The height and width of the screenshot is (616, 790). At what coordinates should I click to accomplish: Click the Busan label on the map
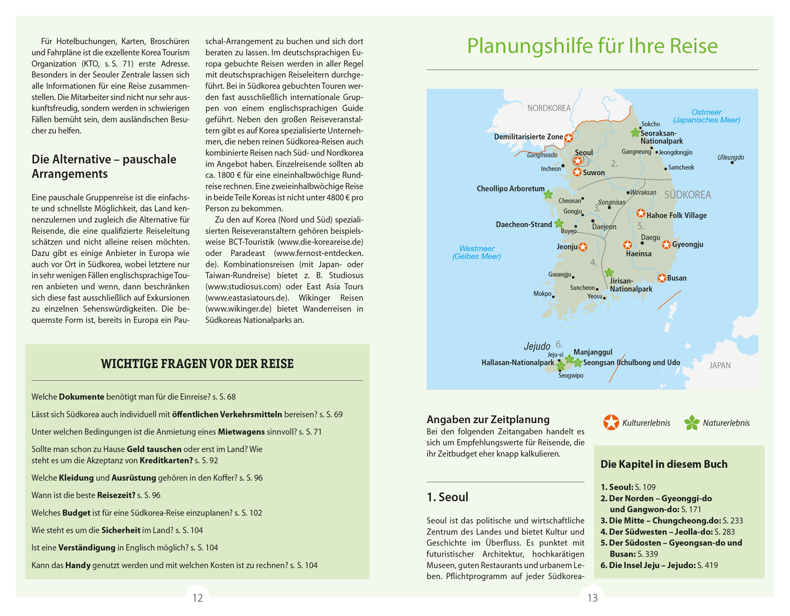click(x=677, y=278)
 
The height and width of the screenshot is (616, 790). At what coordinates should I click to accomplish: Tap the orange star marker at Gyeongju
click(x=666, y=245)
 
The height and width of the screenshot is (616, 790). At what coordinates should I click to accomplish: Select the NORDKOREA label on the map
click(x=549, y=108)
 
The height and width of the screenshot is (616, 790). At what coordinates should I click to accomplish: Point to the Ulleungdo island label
click(x=730, y=157)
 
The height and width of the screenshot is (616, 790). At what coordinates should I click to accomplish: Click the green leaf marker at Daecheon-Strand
click(x=559, y=224)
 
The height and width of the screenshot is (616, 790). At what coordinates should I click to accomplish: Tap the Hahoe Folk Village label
click(x=676, y=215)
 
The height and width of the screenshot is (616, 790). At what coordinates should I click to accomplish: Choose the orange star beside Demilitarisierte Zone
click(x=569, y=137)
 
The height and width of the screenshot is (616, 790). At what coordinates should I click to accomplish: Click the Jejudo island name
click(x=537, y=346)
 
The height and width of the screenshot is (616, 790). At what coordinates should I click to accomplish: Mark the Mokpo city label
click(x=542, y=294)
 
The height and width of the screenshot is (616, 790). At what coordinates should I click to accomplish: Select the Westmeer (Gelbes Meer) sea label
click(x=477, y=252)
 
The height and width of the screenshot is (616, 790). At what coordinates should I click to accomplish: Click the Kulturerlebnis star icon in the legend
click(x=611, y=422)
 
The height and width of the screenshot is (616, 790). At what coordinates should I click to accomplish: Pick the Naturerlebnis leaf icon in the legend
click(x=692, y=422)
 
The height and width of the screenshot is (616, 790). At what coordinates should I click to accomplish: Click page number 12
click(x=197, y=598)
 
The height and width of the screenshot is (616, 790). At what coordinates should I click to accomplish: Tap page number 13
click(x=592, y=598)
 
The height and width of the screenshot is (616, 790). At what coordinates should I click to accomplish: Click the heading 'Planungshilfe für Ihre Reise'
click(x=592, y=46)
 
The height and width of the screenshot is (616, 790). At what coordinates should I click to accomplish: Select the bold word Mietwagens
click(x=241, y=432)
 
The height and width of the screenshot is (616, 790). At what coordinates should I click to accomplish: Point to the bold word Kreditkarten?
click(x=166, y=460)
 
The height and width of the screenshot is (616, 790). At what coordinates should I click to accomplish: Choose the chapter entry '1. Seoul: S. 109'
click(x=628, y=487)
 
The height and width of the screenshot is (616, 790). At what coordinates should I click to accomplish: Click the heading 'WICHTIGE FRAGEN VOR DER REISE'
click(x=197, y=364)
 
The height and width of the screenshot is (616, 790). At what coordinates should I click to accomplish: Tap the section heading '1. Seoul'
click(x=447, y=497)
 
